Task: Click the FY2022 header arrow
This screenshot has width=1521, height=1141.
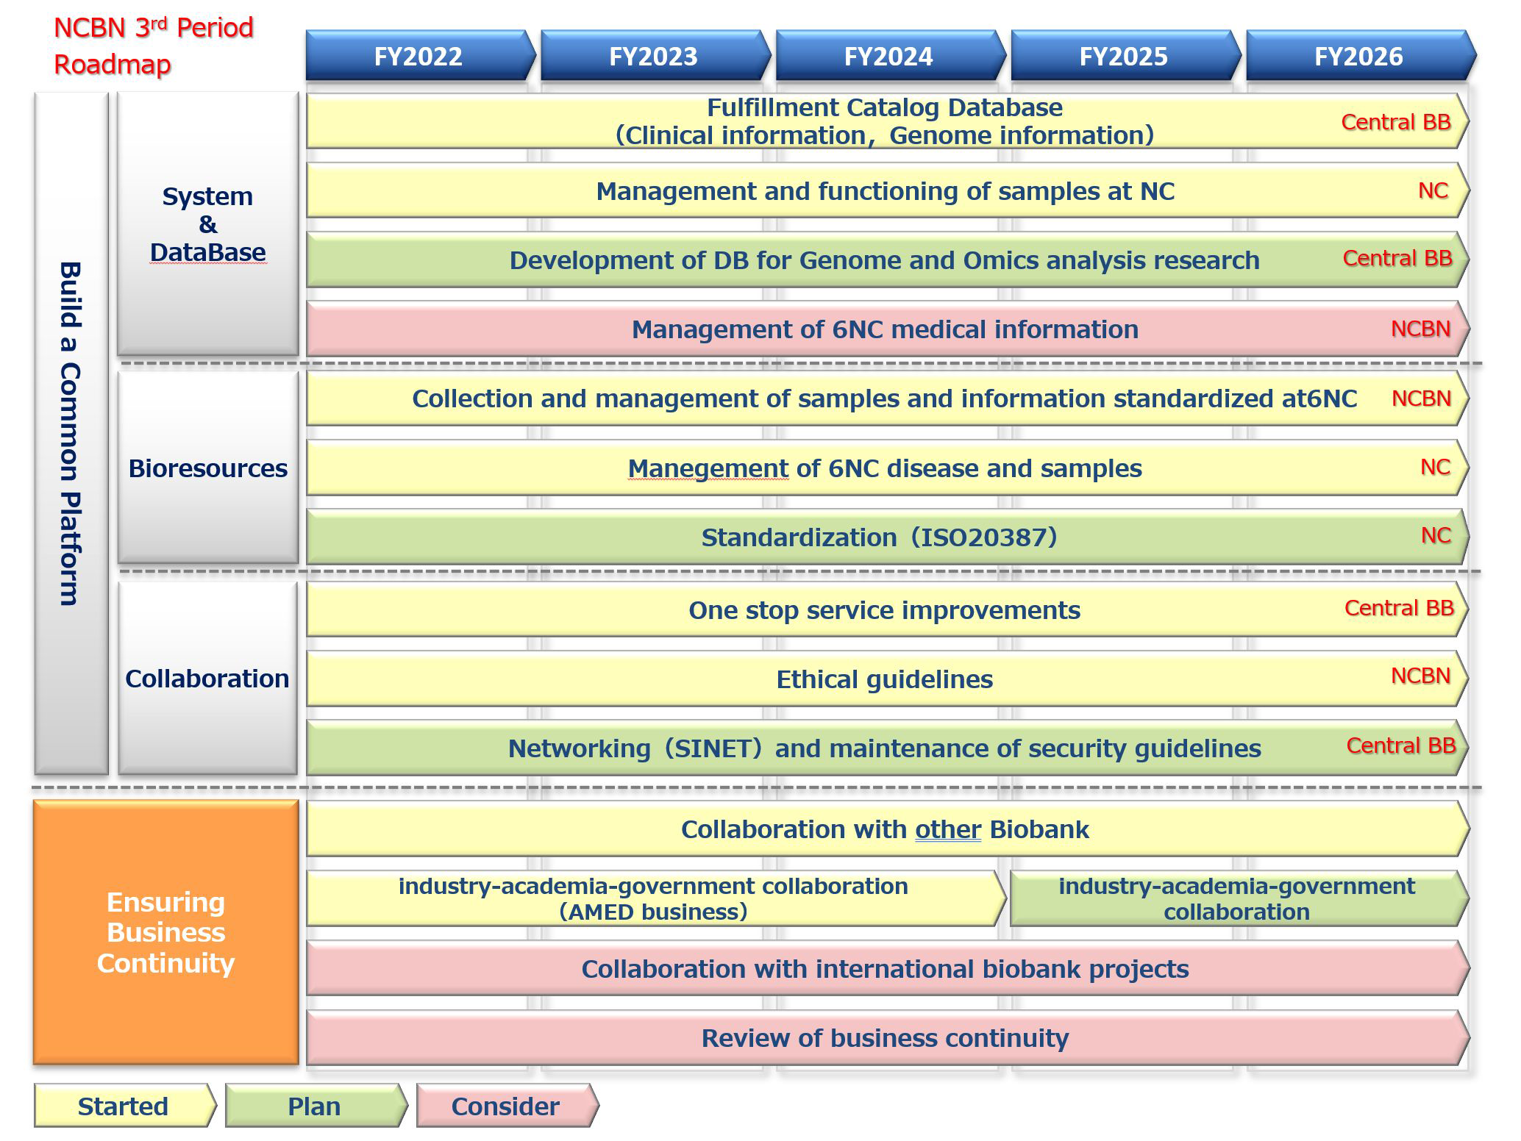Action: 418,56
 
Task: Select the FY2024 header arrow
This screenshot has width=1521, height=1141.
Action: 888,56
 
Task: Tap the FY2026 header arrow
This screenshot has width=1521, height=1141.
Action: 1358,56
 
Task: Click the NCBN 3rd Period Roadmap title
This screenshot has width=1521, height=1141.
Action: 153,46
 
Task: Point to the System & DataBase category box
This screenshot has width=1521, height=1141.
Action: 207,223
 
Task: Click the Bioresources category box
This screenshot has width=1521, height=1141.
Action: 207,468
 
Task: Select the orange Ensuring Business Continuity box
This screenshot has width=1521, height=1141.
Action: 165,932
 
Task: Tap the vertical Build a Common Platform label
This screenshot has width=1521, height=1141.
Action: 70,434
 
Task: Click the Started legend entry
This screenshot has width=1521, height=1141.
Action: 123,1106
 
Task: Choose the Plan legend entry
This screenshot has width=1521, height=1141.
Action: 314,1106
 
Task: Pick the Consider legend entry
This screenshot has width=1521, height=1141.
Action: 505,1106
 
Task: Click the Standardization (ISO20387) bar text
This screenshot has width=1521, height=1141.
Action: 879,537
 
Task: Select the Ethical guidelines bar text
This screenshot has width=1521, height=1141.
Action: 884,679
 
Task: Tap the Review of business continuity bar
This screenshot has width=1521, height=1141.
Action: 885,1038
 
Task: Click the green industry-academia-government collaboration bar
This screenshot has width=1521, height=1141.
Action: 1236,898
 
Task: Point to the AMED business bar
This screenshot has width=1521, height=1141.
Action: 653,898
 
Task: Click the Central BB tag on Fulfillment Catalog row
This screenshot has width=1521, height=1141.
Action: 1395,122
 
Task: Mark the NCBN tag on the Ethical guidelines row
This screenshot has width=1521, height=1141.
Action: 1420,676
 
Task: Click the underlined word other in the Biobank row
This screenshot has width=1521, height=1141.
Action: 947,829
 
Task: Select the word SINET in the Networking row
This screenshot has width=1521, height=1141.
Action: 713,748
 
